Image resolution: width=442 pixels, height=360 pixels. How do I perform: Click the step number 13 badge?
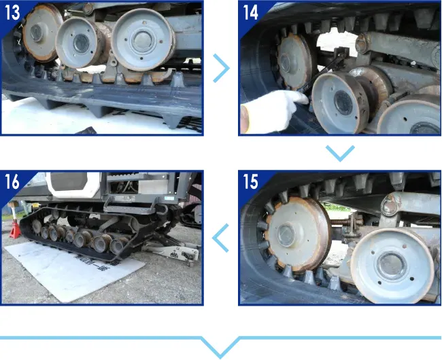[13, 12]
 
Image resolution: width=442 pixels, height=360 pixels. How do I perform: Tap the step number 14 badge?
[251, 12]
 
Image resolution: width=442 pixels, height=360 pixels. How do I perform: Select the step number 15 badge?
[251, 181]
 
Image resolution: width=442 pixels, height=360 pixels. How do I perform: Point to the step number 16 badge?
[12, 181]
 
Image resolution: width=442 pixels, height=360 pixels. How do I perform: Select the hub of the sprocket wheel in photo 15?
[286, 235]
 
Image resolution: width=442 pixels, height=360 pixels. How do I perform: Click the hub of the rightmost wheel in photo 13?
[143, 41]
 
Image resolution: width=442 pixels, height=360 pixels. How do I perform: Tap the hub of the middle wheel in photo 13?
[81, 43]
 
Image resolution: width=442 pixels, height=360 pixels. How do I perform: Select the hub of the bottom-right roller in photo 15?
[392, 265]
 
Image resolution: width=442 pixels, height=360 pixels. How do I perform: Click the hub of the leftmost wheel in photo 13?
[36, 33]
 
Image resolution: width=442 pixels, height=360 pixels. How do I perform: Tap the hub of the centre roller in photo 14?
[343, 103]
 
